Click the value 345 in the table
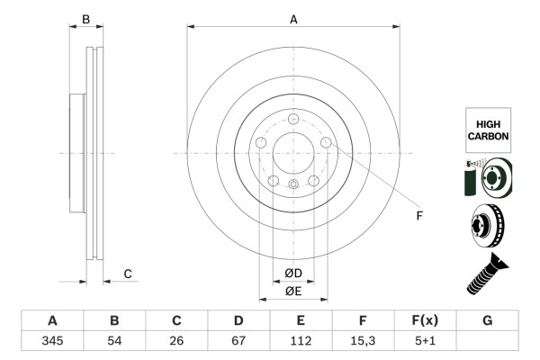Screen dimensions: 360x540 52,341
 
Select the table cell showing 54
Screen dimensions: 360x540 114,341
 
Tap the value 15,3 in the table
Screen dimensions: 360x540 363,341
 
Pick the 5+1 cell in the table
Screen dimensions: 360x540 425,341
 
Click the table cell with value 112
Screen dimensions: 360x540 301,341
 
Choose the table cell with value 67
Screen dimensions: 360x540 238,341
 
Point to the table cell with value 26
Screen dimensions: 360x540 176,341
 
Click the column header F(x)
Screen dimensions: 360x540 425,320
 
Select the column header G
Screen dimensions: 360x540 487,320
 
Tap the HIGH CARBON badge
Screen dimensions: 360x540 488,129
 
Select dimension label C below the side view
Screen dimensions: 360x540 128,274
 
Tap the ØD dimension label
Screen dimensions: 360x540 293,273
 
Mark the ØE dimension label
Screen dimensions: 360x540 293,291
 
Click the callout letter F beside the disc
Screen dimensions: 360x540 418,215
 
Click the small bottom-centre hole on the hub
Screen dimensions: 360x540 293,184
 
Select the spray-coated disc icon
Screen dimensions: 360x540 488,177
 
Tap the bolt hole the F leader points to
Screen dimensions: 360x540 326,143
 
